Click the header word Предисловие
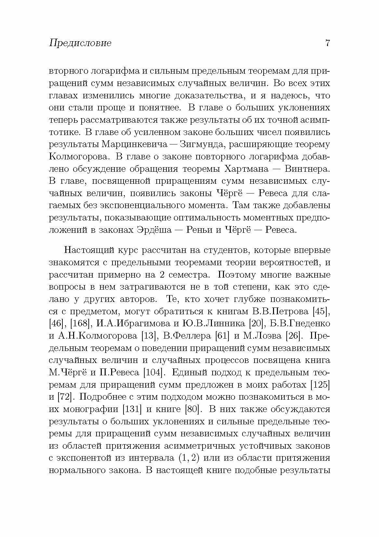(x=80, y=43)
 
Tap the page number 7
(x=327, y=43)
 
